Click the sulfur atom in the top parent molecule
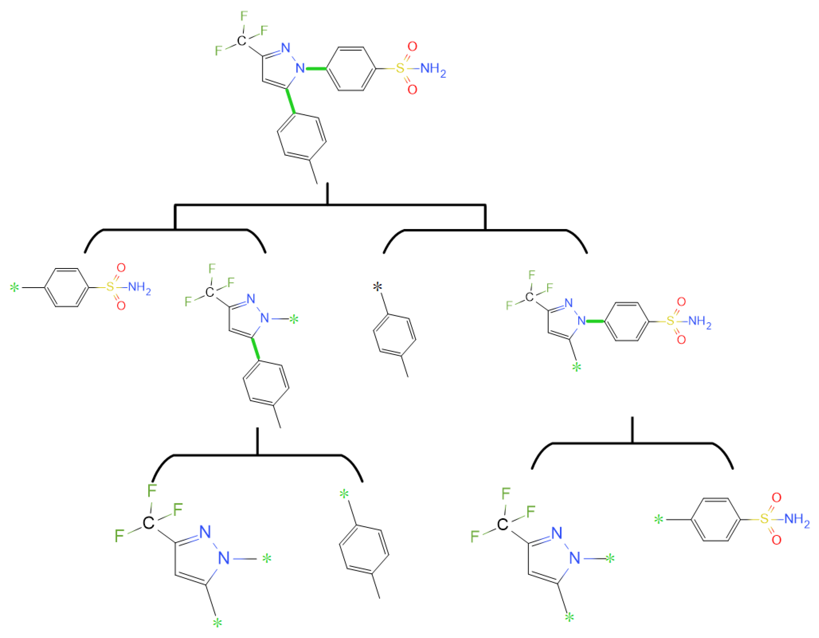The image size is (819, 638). pyautogui.click(x=401, y=69)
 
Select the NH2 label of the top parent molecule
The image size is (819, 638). pyautogui.click(x=433, y=69)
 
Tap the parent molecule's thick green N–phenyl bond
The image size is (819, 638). pyautogui.click(x=316, y=69)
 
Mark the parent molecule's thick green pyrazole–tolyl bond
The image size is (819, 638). pyautogui.click(x=290, y=101)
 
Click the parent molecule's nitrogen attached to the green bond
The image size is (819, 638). pyautogui.click(x=300, y=68)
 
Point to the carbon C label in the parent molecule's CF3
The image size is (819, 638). pyautogui.click(x=242, y=40)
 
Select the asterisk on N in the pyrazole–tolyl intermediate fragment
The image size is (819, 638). pyautogui.click(x=294, y=320)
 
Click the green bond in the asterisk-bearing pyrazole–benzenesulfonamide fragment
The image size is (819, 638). pyautogui.click(x=595, y=321)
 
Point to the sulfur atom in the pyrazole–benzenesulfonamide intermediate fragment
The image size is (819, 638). pyautogui.click(x=670, y=321)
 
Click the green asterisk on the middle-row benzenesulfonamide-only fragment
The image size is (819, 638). pyautogui.click(x=14, y=288)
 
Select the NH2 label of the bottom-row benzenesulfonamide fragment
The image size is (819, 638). pyautogui.click(x=797, y=520)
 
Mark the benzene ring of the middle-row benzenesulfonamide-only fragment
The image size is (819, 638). pyautogui.click(x=67, y=288)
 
